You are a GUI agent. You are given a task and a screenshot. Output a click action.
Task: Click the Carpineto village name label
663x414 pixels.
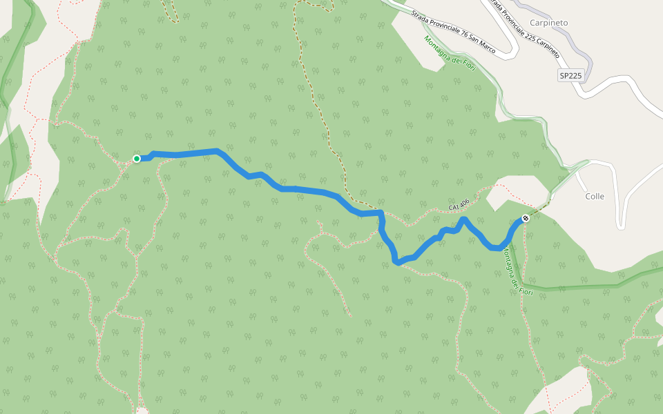click(x=548, y=23)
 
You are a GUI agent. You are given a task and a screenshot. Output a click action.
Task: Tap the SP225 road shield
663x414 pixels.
click(x=570, y=75)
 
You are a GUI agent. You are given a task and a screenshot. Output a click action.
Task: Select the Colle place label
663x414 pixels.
click(x=595, y=196)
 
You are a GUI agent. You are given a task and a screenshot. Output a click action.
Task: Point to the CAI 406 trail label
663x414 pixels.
click(x=459, y=204)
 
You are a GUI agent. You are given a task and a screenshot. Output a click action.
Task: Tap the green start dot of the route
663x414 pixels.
click(x=137, y=159)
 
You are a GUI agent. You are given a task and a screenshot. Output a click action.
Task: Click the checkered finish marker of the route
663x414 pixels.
click(x=526, y=219)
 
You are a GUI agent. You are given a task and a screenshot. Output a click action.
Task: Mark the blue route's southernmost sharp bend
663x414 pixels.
click(x=396, y=262)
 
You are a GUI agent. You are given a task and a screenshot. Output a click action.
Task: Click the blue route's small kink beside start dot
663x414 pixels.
click(x=151, y=154)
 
